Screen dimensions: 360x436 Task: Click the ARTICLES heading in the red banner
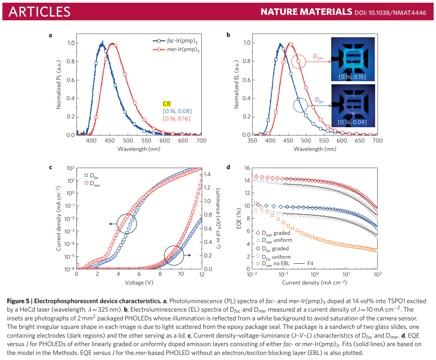tap(39, 12)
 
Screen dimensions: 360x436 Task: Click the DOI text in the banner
tap(390, 13)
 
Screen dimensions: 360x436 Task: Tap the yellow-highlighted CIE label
tap(167, 104)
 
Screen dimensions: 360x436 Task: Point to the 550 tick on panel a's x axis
tap(146, 140)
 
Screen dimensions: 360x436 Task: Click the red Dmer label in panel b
tap(318, 57)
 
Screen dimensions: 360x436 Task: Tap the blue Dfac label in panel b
tap(320, 100)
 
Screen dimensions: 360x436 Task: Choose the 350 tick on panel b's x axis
tap(252, 140)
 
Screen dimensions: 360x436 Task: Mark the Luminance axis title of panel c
tap(218, 219)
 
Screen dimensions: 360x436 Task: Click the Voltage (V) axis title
tap(139, 283)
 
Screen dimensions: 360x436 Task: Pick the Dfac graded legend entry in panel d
tap(275, 249)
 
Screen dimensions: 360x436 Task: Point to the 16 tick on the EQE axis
tap(247, 168)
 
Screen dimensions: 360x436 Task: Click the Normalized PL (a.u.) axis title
tap(59, 85)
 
